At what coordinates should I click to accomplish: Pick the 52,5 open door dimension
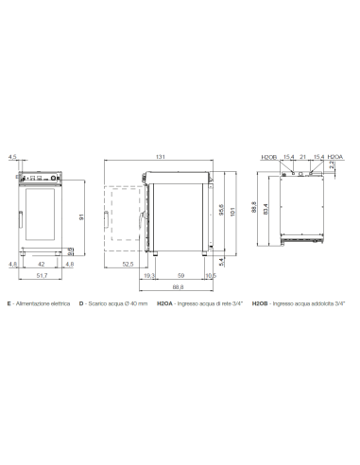(x=127, y=265)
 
